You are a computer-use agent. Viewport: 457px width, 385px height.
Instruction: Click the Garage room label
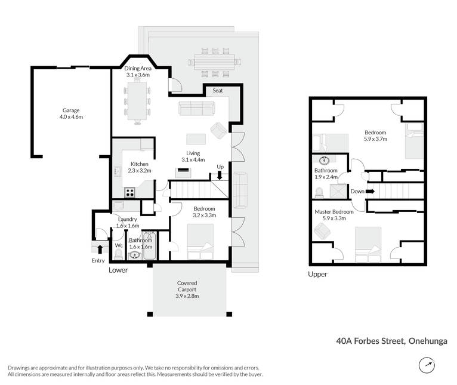tap(71, 110)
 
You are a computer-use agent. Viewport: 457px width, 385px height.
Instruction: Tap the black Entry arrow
tap(100, 250)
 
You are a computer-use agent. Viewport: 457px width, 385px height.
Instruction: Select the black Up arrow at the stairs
tap(220, 175)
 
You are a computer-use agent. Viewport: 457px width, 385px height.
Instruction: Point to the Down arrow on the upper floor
tap(370, 192)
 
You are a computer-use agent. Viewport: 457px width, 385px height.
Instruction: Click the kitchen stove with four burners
tap(129, 192)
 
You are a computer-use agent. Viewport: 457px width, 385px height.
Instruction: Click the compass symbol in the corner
tap(427, 365)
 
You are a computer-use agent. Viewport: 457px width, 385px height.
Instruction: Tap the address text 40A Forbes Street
tap(370, 341)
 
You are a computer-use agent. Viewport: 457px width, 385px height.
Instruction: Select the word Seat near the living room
tap(218, 90)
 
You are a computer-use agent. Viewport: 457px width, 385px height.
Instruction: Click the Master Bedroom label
tap(334, 212)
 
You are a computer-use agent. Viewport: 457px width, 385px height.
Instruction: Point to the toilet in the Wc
tap(119, 255)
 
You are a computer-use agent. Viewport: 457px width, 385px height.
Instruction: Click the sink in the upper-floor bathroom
tap(324, 160)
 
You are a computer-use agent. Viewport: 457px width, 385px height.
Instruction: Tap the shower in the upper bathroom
tap(339, 191)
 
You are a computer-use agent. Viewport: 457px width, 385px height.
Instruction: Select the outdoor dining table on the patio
tap(215, 62)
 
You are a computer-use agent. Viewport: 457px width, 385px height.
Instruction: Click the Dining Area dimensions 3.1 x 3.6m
tap(138, 75)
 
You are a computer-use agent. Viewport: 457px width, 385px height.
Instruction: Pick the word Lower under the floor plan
tap(118, 270)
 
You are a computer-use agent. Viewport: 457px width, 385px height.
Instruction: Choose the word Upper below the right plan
tap(317, 274)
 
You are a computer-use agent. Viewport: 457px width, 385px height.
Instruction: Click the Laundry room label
tap(127, 219)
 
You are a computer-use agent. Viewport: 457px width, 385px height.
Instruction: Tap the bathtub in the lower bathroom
tap(150, 245)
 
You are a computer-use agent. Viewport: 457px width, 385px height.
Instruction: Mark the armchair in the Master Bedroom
tap(322, 231)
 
